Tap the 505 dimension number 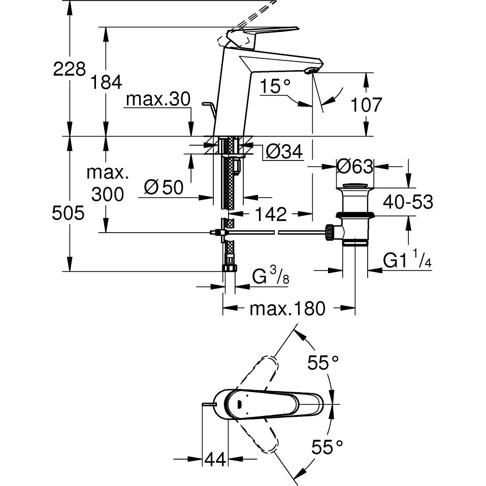[x=69, y=214]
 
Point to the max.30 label [x=157, y=100]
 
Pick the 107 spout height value [x=365, y=105]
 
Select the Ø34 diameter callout [x=284, y=151]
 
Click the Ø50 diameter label [x=164, y=188]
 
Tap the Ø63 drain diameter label [x=355, y=166]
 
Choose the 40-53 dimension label [x=408, y=202]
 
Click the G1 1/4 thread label [x=407, y=261]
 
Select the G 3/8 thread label [x=271, y=277]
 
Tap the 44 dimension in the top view [x=215, y=460]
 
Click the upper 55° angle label [x=323, y=363]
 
